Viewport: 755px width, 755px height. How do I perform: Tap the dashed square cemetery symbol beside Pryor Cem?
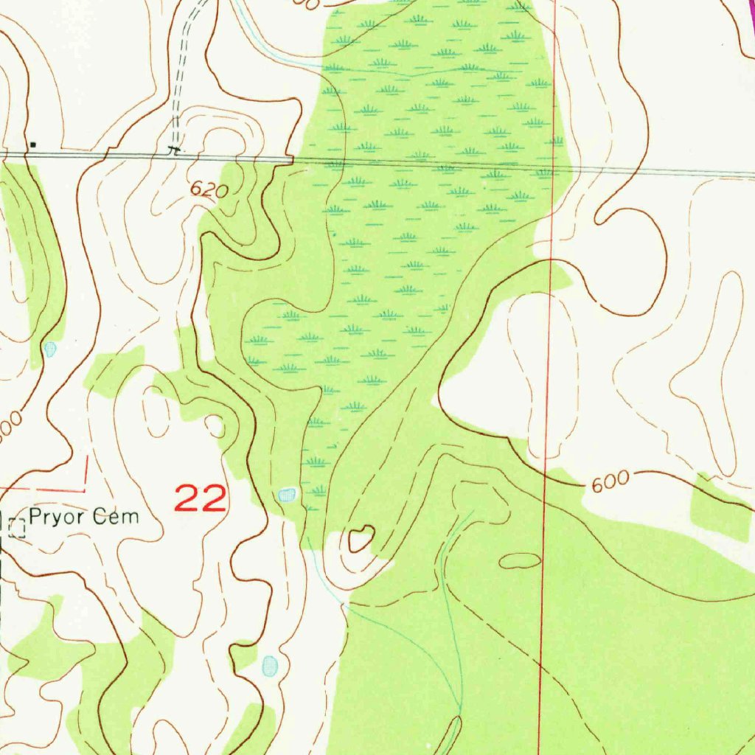pyautogui.click(x=17, y=527)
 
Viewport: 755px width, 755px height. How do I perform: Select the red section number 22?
pyautogui.click(x=200, y=499)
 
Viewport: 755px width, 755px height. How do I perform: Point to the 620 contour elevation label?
pyautogui.click(x=208, y=190)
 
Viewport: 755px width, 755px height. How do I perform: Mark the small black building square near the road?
pyautogui.click(x=32, y=145)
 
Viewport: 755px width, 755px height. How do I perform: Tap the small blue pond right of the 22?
pyautogui.click(x=286, y=495)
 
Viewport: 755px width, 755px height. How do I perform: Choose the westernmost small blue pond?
pyautogui.click(x=50, y=348)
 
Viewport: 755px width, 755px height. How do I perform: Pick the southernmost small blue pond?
pyautogui.click(x=270, y=666)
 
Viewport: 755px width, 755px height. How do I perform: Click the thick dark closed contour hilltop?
pyautogui.click(x=361, y=539)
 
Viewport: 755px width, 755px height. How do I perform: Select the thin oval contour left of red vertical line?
pyautogui.click(x=520, y=561)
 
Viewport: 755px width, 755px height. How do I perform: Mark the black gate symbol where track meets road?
pyautogui.click(x=174, y=149)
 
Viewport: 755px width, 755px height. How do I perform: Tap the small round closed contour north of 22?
pyautogui.click(x=215, y=425)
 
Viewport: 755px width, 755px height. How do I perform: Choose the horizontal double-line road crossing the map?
pyautogui.click(x=442, y=164)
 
